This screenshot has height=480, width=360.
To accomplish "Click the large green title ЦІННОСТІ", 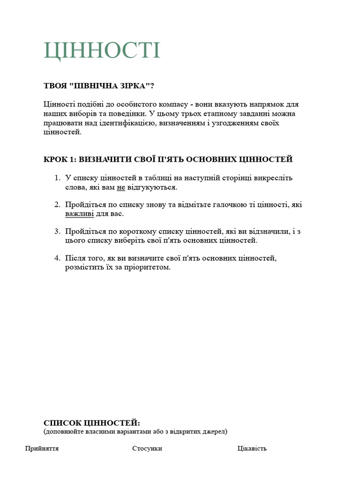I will click(x=102, y=51).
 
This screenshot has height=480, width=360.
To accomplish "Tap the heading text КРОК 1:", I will click(x=60, y=159).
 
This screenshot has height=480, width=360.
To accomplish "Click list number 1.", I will click(x=56, y=178).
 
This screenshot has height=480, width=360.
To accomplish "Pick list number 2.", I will click(x=56, y=205).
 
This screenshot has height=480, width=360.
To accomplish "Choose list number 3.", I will click(x=56, y=232).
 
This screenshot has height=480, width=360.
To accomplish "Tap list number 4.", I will click(x=56, y=258).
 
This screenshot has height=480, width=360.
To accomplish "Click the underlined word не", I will click(x=121, y=187).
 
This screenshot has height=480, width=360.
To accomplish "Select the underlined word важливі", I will click(x=79, y=214).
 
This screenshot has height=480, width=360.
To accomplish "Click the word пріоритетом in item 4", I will click(x=150, y=268).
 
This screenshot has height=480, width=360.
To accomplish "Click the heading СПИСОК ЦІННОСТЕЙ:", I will click(x=92, y=423).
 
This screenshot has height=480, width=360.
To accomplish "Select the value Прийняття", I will click(x=42, y=449).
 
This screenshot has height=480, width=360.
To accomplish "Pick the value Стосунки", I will click(x=147, y=449).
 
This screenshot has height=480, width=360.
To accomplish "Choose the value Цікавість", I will click(x=252, y=449).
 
